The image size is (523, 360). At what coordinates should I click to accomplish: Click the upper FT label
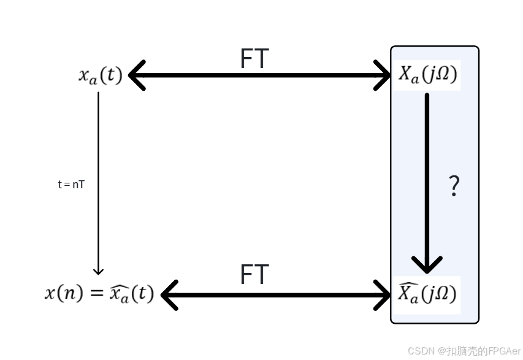(254, 59)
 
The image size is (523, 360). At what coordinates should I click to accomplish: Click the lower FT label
(254, 275)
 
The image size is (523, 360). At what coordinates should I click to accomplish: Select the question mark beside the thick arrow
(454, 185)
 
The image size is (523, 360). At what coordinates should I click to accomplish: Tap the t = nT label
(71, 184)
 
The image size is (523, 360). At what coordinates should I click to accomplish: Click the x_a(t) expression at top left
(101, 75)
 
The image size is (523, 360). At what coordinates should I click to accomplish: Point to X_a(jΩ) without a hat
(427, 75)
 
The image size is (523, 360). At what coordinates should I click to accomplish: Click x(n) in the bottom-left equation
(63, 293)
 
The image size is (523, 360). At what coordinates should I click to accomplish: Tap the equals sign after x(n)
(97, 293)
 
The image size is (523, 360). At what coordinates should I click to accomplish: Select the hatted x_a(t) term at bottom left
(131, 293)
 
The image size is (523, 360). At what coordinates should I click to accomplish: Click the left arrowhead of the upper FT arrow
(136, 75)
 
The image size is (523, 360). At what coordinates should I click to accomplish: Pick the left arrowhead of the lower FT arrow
(169, 295)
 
